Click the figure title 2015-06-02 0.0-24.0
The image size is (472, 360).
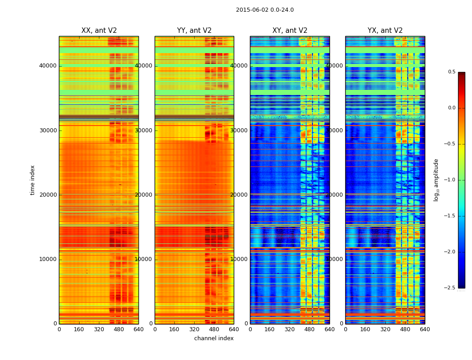265,10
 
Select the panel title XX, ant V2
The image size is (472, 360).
99,31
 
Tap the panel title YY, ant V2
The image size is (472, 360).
194,31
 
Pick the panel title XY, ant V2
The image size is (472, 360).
290,31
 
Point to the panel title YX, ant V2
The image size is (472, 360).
385,31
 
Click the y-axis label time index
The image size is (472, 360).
32,180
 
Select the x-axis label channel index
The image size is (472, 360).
214,338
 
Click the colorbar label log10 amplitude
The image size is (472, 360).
436,180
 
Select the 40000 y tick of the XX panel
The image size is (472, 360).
48,66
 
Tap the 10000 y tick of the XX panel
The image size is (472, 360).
48,259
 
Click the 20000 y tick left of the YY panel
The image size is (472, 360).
144,195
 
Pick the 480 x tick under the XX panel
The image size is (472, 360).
119,329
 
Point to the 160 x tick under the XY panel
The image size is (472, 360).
270,329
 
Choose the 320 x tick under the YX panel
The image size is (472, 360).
385,329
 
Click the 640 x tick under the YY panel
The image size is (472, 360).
234,329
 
